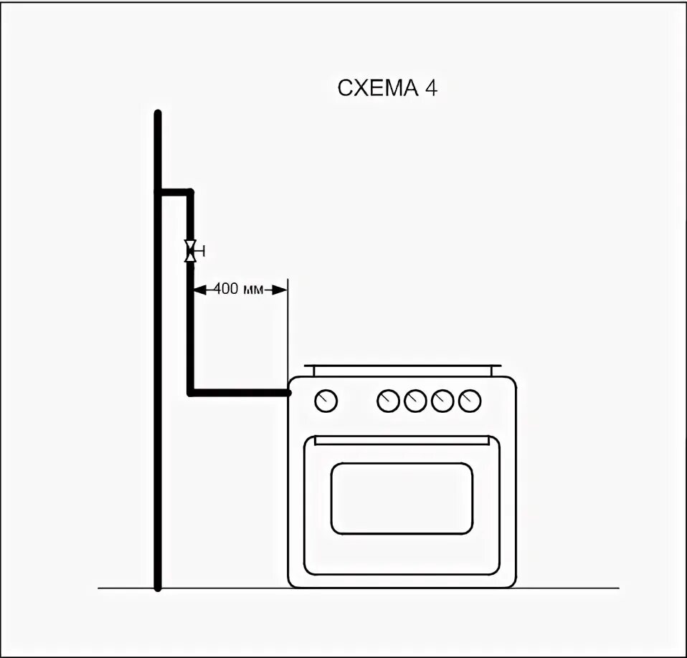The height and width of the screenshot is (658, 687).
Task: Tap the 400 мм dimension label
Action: pyautogui.click(x=234, y=290)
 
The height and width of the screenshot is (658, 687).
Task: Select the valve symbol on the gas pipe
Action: pyautogui.click(x=191, y=251)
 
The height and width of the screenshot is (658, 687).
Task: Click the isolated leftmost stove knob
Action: pyautogui.click(x=326, y=401)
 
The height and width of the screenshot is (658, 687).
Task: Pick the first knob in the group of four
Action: pyautogui.click(x=388, y=401)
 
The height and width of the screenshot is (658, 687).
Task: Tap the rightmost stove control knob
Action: pyautogui.click(x=470, y=401)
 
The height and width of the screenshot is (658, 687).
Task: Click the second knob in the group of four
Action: pyautogui.click(x=415, y=401)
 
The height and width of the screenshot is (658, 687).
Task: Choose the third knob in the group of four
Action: pyautogui.click(x=442, y=401)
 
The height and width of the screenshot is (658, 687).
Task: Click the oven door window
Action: pyautogui.click(x=402, y=497)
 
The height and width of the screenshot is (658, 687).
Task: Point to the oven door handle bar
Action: pyautogui.click(x=402, y=439)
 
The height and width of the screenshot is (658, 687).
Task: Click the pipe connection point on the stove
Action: pyautogui.click(x=288, y=393)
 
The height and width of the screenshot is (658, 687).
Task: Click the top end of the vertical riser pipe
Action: pyautogui.click(x=158, y=114)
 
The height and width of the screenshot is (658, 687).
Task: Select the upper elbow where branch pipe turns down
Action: pyautogui.click(x=190, y=192)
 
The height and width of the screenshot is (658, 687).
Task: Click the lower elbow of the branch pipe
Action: pyautogui.click(x=191, y=392)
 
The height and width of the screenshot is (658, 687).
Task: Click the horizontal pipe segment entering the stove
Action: pyautogui.click(x=240, y=393)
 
